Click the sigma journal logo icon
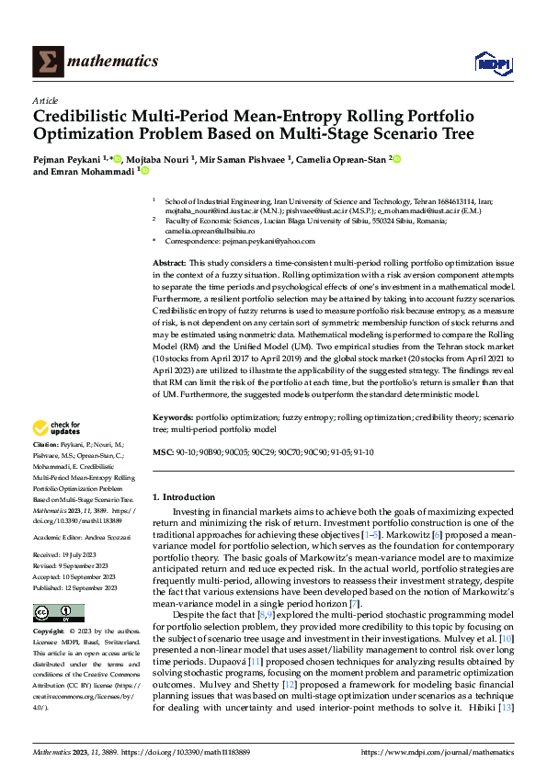[46, 62]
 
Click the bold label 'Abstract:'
[170, 264]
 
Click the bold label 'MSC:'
[162, 453]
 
